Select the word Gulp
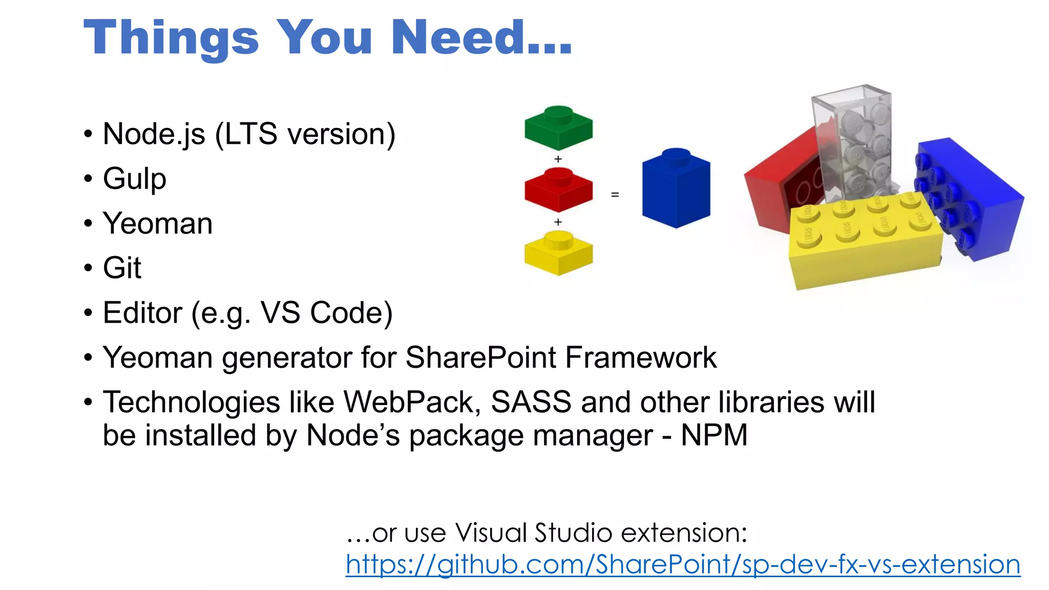135,179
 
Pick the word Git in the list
122,268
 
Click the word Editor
142,312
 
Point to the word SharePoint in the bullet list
480,357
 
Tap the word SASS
531,402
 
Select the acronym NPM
714,435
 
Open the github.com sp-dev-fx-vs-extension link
683,564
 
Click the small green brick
558,128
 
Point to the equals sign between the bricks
615,195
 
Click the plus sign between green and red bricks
558,159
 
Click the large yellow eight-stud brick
866,241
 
